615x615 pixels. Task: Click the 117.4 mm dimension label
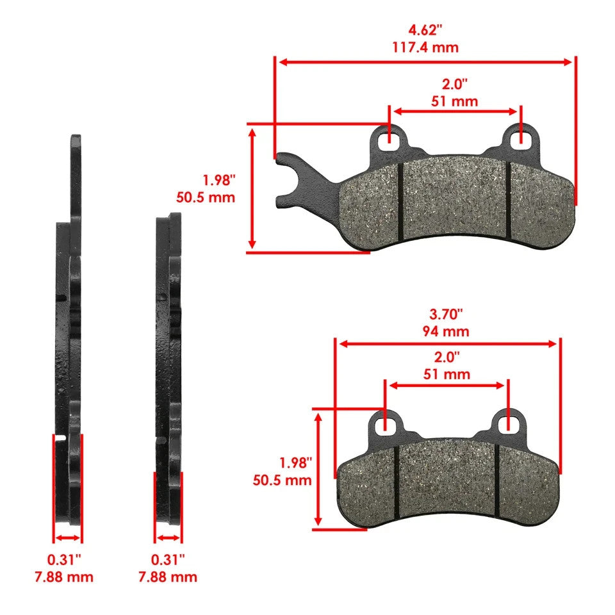(425, 47)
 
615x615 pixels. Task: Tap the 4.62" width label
(425, 30)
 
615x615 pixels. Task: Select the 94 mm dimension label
(447, 331)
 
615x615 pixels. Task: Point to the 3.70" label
(447, 315)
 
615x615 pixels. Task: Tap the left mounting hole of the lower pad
(385, 423)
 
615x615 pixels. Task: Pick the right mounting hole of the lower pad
(508, 422)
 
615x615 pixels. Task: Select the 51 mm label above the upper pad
(455, 101)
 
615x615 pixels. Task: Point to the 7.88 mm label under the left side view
(63, 577)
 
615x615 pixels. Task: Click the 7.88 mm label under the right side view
(167, 577)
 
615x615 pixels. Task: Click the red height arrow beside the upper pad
(253, 188)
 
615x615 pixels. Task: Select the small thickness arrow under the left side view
(67, 537)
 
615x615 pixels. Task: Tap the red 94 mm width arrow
(448, 344)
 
